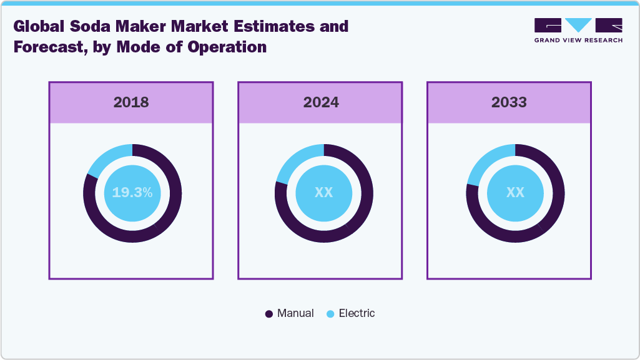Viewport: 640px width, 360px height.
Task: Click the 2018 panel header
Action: pos(131,102)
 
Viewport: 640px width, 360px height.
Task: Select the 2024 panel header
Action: pos(321,102)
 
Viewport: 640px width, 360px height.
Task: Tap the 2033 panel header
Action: pos(509,102)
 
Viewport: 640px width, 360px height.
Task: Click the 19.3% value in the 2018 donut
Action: pos(132,193)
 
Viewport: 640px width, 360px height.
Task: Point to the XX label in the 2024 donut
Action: pos(323,193)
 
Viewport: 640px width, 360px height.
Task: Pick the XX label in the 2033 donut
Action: pos(515,193)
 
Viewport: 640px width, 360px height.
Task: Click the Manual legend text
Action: pos(295,313)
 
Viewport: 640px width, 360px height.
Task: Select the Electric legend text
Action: pos(357,313)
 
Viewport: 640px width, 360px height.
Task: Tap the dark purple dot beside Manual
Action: pos(269,314)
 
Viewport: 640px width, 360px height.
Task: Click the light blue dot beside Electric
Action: pos(330,314)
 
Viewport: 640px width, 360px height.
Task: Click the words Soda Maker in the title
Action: pos(107,27)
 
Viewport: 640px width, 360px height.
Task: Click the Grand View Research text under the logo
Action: pos(578,40)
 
